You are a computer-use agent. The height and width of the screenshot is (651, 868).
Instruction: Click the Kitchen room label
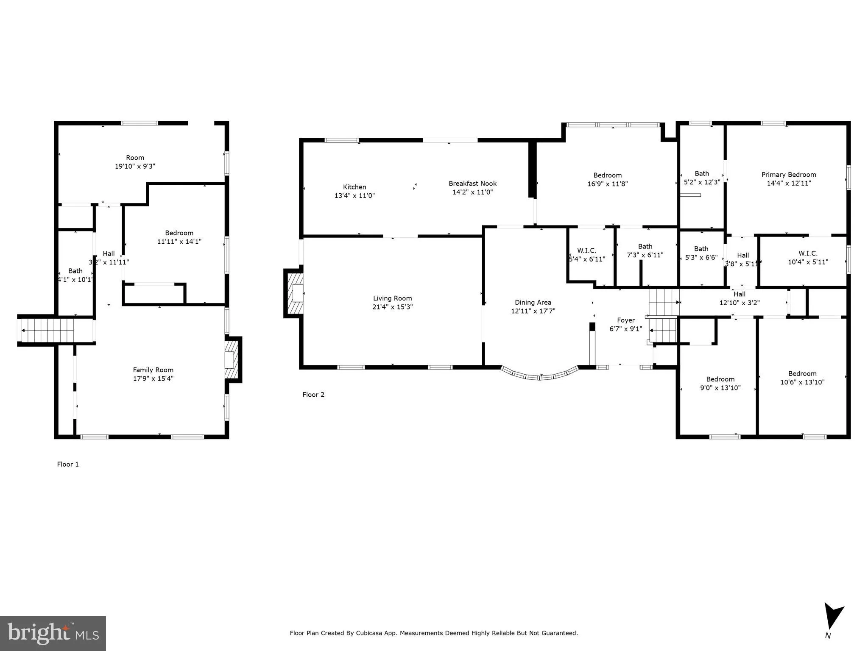point(354,187)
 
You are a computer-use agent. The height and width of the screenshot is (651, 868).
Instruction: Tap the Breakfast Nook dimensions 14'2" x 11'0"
point(472,192)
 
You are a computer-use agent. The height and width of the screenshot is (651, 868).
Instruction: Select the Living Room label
point(392,298)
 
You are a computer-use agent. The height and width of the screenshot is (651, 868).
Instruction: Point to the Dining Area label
point(533,302)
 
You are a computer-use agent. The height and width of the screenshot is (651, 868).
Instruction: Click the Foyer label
point(625,320)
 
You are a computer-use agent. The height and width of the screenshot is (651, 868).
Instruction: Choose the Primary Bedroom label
point(788,175)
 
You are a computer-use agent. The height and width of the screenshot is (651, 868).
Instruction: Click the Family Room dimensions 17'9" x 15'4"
point(153,378)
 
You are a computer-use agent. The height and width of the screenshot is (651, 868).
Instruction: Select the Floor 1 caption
point(68,464)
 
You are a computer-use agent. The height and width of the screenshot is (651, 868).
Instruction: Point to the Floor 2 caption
point(313,395)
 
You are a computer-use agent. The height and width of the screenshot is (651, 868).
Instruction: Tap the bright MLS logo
point(53,633)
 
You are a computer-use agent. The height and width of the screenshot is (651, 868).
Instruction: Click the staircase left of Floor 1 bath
point(47,331)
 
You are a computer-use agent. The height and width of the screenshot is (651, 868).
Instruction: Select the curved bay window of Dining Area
point(540,375)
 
